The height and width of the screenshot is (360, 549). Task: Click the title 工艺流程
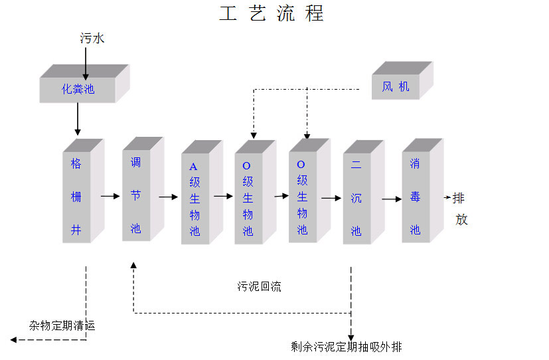(x=272, y=14)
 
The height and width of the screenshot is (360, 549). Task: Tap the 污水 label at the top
(x=92, y=39)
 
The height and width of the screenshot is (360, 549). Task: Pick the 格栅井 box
(x=76, y=197)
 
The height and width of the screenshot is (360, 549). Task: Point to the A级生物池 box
(x=195, y=199)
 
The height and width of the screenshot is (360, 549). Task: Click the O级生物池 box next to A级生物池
(x=248, y=199)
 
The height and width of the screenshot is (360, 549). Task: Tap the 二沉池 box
(x=356, y=199)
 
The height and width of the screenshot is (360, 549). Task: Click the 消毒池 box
(x=416, y=197)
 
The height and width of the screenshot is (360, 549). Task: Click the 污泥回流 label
(x=260, y=287)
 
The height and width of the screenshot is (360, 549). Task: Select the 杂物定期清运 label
(x=62, y=325)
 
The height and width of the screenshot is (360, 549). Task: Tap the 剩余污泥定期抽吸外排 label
(x=346, y=347)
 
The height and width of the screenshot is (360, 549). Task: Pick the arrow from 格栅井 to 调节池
(x=109, y=196)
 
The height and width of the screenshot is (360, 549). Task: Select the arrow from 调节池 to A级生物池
(x=168, y=197)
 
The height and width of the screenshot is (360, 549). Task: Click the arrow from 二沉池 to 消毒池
(x=392, y=198)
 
